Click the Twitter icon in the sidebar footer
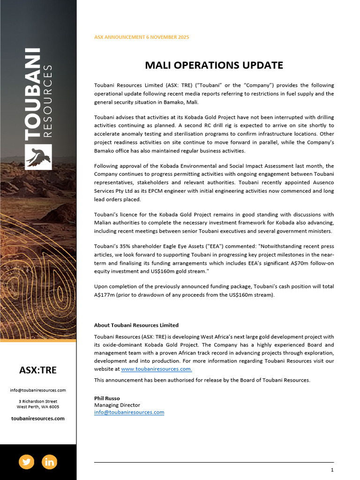(x=26, y=462)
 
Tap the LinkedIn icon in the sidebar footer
(x=49, y=462)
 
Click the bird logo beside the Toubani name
(x=38, y=157)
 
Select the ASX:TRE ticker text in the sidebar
(x=38, y=370)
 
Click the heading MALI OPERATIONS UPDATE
(x=214, y=65)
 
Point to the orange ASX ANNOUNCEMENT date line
(x=142, y=37)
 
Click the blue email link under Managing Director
(x=129, y=412)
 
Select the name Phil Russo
(x=107, y=398)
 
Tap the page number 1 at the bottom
(x=332, y=470)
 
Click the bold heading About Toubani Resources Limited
(x=136, y=325)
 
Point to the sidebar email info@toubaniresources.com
(x=38, y=390)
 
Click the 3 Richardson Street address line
(x=38, y=401)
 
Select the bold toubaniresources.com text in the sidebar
(x=38, y=418)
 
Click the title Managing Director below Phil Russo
(x=117, y=405)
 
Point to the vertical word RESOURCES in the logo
(x=47, y=100)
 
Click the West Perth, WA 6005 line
(x=38, y=406)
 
